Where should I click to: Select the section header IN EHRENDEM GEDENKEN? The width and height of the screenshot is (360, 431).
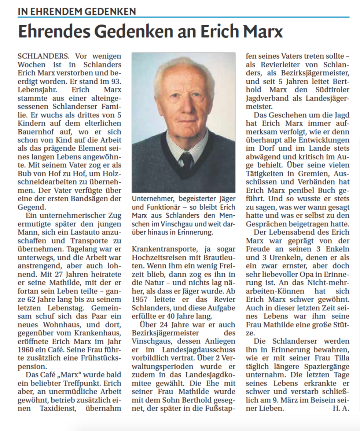77,11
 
